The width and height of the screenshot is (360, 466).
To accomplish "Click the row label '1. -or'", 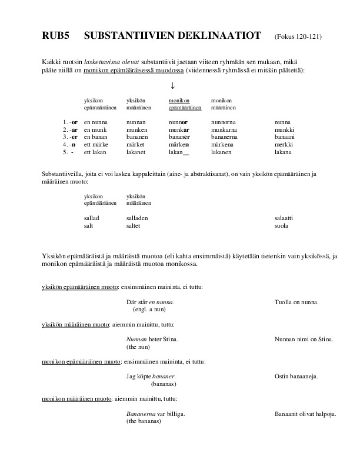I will pos(71,122).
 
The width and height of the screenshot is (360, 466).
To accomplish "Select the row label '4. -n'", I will pos(69,145).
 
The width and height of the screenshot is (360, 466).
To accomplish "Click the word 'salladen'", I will pos(138,218).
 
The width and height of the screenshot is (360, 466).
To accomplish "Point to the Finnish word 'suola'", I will pos(282,225).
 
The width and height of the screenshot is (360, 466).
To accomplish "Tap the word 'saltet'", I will pos(134,225).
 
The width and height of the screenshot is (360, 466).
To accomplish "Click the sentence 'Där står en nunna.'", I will pos(151,302).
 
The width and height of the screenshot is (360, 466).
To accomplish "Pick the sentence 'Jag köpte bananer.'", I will pos(151,376).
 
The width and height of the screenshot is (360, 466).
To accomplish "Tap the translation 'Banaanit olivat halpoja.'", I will pos(305,414).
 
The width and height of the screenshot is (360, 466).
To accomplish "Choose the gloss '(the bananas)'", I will pos(144,422).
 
